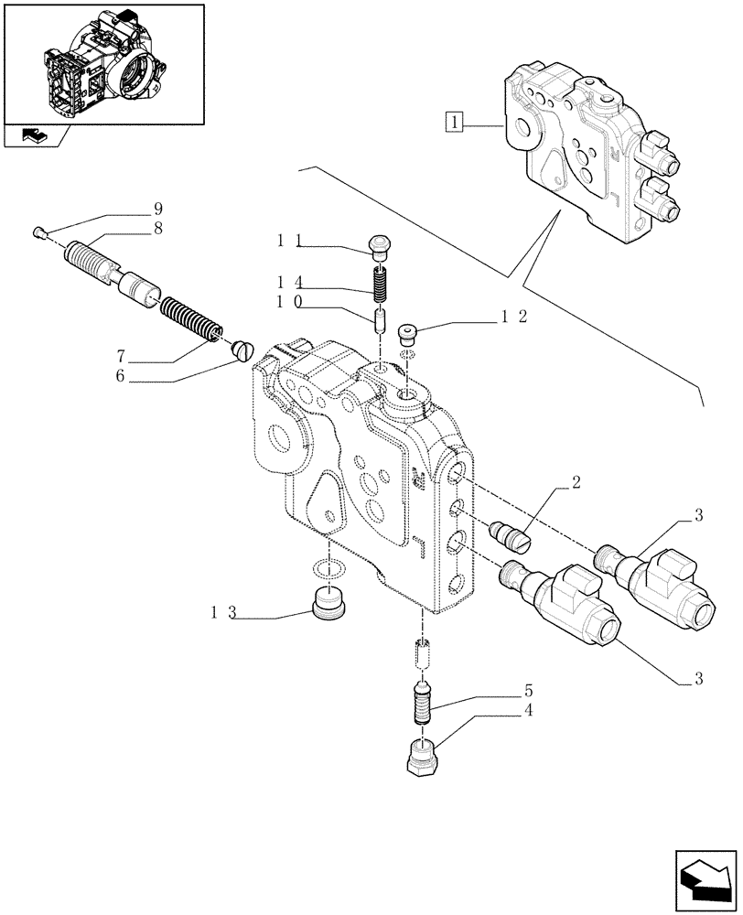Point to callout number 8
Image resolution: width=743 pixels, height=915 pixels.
tap(158, 231)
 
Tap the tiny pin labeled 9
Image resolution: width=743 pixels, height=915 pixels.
tap(40, 232)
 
